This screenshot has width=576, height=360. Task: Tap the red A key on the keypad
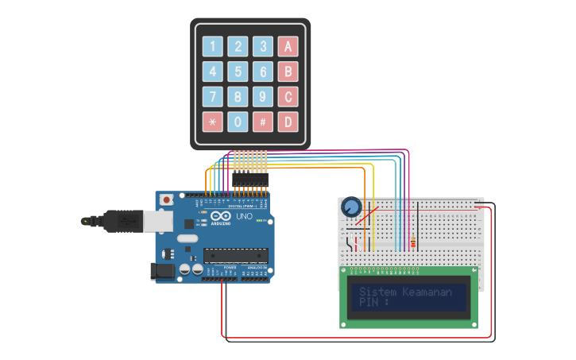(x=288, y=46)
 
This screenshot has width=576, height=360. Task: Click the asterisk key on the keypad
(x=212, y=122)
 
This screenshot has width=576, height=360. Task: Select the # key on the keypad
(x=263, y=122)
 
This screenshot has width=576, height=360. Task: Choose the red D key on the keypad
(x=288, y=122)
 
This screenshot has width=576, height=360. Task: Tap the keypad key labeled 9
(x=263, y=97)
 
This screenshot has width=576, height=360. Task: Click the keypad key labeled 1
(x=212, y=46)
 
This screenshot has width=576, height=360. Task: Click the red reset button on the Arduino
(x=166, y=200)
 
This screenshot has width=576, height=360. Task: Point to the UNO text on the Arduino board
(x=245, y=216)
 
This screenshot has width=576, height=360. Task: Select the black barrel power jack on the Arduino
(x=163, y=271)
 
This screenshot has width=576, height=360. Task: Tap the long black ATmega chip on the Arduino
(x=234, y=255)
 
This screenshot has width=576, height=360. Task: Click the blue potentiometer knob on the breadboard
(x=350, y=208)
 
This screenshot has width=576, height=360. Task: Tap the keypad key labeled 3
(x=263, y=46)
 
